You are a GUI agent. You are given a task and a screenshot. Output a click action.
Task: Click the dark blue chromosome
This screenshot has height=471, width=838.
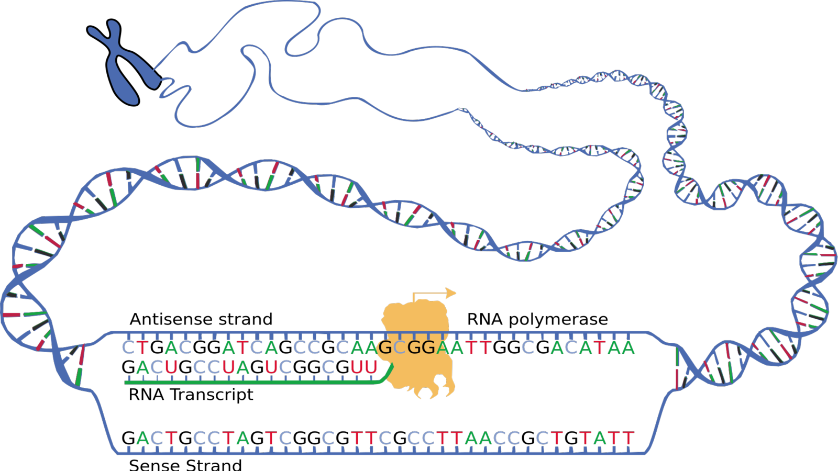[124, 62]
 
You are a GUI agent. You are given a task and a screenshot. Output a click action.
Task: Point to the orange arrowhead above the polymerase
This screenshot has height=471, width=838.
[450, 293]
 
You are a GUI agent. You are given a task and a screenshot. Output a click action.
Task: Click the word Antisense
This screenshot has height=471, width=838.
[171, 319]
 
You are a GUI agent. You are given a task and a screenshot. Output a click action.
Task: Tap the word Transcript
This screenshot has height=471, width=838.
[212, 395]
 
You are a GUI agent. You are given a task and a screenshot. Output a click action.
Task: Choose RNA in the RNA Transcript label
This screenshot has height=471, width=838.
[146, 395]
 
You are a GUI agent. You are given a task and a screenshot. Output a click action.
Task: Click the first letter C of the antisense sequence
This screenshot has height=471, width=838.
[128, 347]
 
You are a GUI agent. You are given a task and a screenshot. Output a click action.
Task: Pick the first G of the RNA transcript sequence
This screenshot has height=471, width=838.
[128, 367]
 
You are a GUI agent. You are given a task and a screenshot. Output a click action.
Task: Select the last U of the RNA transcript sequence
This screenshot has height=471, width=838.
[371, 367]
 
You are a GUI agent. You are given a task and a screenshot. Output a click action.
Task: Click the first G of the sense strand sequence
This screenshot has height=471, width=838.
[128, 438]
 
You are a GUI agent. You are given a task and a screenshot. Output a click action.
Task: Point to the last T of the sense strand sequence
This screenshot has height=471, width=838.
[628, 438]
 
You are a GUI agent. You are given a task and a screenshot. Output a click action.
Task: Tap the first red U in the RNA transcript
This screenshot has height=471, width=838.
[171, 367]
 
